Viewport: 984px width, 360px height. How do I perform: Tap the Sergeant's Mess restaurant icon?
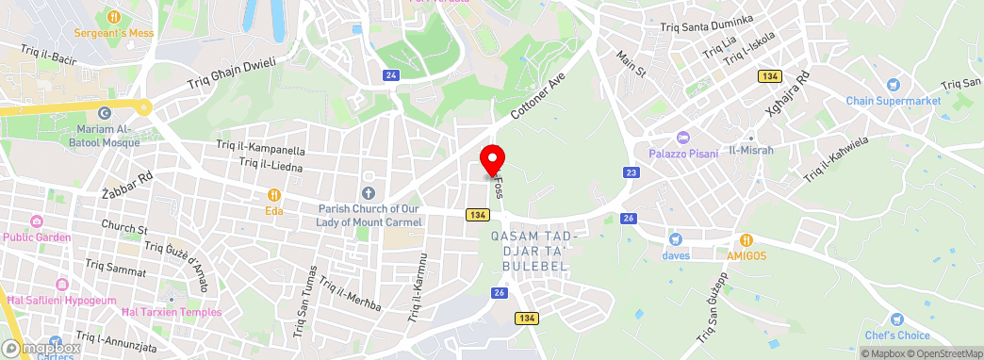click(113, 16)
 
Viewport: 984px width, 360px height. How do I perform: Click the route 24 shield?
click(390, 74)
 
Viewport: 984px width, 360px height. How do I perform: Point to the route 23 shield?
click(631, 172)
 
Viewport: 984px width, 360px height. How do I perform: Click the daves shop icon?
click(675, 239)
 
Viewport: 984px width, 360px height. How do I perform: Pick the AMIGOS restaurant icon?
click(746, 239)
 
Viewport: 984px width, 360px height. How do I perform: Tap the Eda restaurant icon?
click(274, 195)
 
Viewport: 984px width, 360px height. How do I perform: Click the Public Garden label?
click(37, 237)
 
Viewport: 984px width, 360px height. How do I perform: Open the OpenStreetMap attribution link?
click(944, 353)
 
